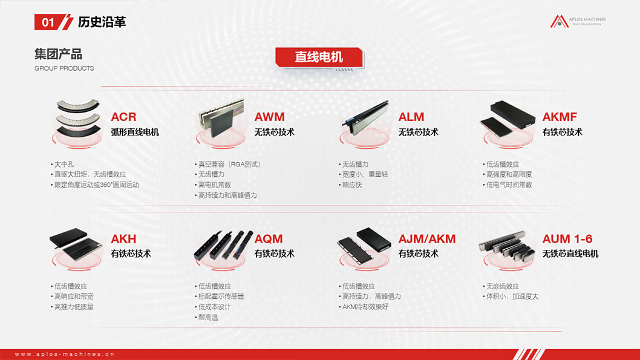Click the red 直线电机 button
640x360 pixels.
319,57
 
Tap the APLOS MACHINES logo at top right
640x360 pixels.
577,22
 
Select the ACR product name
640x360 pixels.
123,117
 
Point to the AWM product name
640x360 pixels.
269,117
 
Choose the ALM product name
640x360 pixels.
411,117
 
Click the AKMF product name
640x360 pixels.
560,117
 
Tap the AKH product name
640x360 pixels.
123,238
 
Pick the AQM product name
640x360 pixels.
269,238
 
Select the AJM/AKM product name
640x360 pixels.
426,238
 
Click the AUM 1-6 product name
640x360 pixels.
567,238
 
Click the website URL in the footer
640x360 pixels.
65,354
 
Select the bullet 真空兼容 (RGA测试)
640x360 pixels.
230,164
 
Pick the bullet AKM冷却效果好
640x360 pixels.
365,307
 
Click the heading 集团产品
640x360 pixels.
58,54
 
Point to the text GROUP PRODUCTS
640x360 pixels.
64,68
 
